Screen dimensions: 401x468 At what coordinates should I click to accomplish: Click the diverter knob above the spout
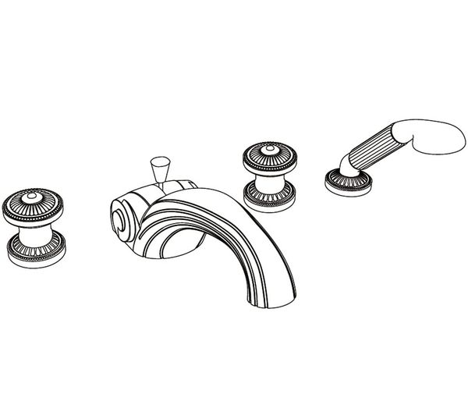pyautogui.click(x=159, y=166)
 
